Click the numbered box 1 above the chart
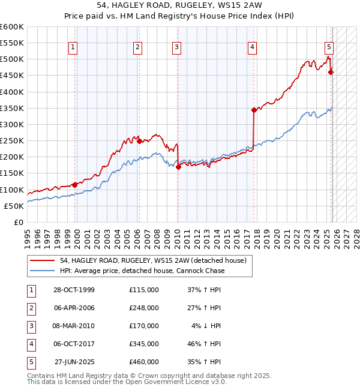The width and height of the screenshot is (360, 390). tap(73, 47)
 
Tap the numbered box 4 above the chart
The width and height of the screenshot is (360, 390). tap(253, 47)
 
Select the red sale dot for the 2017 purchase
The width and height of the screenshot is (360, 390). tap(254, 110)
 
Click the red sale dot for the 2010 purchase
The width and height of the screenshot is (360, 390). tap(178, 167)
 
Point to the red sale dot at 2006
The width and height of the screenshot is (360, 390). tap(139, 142)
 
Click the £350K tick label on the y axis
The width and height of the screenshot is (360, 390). tap(12, 108)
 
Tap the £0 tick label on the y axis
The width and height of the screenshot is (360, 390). tap(18, 222)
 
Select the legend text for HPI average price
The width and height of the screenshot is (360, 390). tap(142, 271)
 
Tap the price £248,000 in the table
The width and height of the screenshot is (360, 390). tap(143, 308)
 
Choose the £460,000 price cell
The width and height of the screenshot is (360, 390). tap(143, 362)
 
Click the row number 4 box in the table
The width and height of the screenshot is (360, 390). tap(31, 344)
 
